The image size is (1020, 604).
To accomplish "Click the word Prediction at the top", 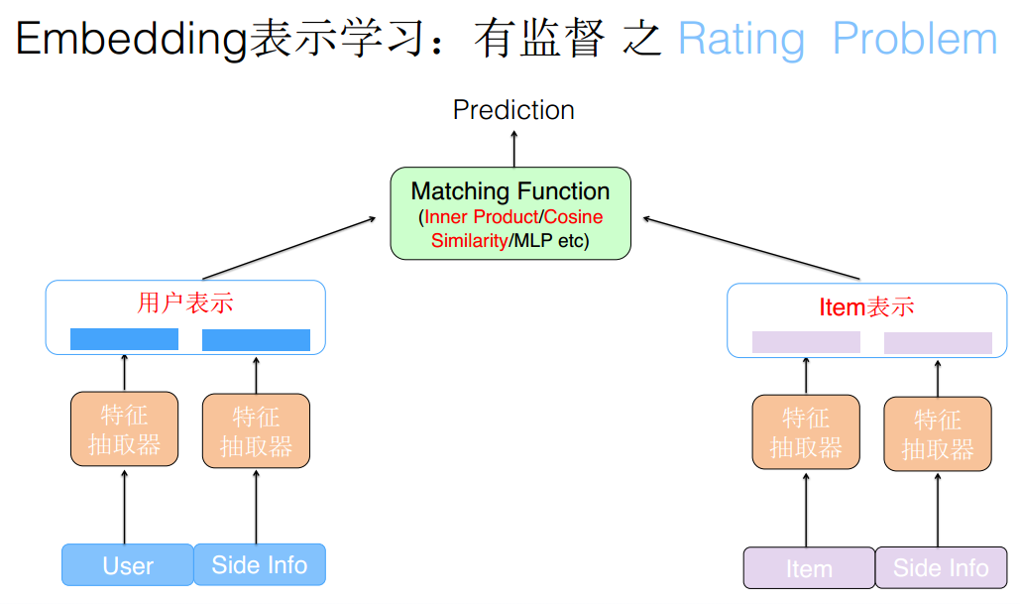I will click(513, 109).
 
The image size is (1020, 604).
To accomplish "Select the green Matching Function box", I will click(510, 213).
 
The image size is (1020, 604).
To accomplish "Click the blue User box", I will click(128, 565).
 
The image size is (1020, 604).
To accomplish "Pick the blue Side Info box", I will click(260, 564).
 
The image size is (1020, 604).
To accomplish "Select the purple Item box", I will click(809, 568).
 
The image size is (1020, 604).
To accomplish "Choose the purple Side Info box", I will click(941, 568).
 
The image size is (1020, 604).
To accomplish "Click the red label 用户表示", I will click(185, 302).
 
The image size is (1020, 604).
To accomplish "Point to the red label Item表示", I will click(866, 306).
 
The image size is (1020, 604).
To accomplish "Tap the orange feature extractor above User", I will click(124, 429).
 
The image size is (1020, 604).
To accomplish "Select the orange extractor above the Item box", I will click(805, 432).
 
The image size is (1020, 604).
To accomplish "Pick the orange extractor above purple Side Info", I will click(937, 434).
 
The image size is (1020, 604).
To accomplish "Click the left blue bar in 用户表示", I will click(124, 339).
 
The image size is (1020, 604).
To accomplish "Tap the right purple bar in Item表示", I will click(938, 343).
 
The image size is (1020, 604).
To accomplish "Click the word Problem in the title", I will click(914, 39).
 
